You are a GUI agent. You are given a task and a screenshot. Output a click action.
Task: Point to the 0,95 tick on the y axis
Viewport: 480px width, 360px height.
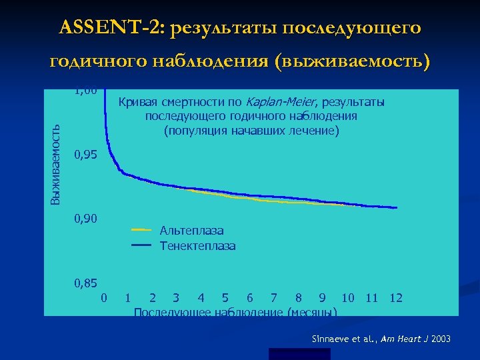coord(86,155)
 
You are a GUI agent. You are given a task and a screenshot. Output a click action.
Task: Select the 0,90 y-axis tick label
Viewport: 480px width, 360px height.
coord(86,219)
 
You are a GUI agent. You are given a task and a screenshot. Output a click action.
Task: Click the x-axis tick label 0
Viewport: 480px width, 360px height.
coord(103,297)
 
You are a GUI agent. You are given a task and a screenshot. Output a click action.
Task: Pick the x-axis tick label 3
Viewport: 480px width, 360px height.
coord(175,297)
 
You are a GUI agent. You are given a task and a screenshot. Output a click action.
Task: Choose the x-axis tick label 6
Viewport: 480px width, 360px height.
coord(249,297)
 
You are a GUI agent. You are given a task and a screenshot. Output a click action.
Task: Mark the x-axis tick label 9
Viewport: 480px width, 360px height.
coord(323,297)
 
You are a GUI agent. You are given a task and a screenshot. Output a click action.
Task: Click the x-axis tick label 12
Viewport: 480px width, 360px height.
coord(396,297)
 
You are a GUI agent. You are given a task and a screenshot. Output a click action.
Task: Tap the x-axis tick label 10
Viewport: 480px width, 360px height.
coord(348,297)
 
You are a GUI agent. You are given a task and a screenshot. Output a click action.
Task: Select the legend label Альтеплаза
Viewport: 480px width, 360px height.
coord(191,231)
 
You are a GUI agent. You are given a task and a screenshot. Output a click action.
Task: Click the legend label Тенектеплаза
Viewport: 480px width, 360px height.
coord(197,246)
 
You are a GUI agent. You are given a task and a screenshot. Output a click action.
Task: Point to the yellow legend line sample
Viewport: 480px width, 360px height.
coord(141,230)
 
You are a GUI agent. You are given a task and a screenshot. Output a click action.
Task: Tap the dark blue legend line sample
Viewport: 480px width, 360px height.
coord(141,245)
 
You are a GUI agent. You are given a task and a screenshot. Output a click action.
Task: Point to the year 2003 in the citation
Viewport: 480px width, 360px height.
coord(441,339)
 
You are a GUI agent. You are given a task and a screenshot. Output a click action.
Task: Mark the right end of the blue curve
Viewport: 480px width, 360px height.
coord(397,208)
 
